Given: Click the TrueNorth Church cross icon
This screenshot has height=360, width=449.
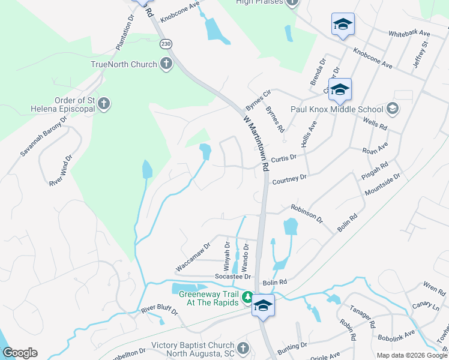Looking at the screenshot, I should pos(166,64).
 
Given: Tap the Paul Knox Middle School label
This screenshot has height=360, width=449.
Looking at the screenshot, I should pos(337,109).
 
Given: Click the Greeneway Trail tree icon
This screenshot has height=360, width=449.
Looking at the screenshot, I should pos(247,296).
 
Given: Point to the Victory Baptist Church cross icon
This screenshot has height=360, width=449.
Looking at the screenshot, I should pos(243,348).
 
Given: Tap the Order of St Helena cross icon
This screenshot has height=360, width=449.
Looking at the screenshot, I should pos(104,104).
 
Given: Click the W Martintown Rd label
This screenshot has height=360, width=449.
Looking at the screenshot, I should pos(256,142).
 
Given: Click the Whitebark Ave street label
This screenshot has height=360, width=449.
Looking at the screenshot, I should pos(409,34).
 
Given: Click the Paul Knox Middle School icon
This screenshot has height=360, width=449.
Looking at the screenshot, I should pos(393,109).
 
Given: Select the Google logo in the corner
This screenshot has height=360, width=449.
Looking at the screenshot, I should pos(19,353).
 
